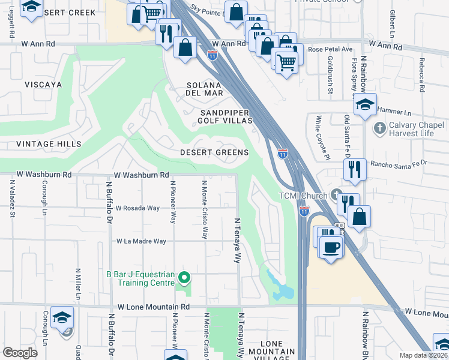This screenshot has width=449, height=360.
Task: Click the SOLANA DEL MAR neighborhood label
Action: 205,89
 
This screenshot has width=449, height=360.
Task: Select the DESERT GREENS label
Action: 214,152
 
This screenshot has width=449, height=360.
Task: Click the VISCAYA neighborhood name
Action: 43,85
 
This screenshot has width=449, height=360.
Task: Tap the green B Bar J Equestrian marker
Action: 185,277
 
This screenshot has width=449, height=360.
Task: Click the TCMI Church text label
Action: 303,196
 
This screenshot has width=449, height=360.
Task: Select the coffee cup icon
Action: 331,246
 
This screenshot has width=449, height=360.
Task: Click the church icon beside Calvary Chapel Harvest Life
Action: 379,128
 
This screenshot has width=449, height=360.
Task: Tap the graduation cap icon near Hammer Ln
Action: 364,105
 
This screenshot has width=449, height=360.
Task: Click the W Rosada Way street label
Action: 138,208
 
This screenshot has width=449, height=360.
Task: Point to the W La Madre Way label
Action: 141,241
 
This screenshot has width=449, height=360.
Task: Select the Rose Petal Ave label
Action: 330,49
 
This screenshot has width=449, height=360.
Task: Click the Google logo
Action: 20,353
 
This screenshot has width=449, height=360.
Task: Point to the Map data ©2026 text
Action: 423,355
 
